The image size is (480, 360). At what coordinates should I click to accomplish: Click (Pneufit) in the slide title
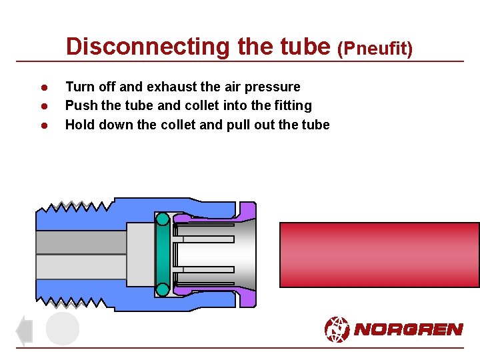point(375,48)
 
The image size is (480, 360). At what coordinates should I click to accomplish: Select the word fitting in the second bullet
point(292,105)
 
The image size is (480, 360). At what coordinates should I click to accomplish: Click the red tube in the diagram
point(379,255)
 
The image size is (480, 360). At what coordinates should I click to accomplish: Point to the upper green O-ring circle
point(162,219)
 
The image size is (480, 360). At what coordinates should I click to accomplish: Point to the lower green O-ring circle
point(162,289)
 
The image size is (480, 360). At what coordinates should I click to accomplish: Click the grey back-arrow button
point(24,331)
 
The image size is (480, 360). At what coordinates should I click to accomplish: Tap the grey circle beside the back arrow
point(63,329)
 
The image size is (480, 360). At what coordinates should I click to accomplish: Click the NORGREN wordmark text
point(408,329)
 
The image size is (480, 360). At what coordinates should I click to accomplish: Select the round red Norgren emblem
point(337,329)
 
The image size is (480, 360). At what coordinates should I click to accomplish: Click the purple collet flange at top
point(247,211)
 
